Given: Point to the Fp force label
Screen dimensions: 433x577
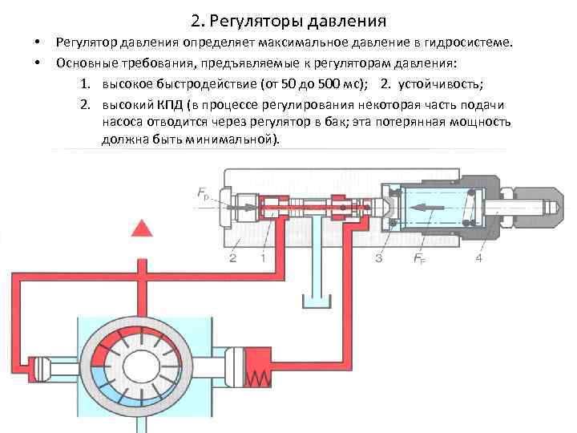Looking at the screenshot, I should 205,192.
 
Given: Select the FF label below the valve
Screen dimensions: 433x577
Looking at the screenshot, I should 418,259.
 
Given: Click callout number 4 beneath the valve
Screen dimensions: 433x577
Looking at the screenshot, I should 478,258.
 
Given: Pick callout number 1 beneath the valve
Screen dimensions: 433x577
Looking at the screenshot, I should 263,258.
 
